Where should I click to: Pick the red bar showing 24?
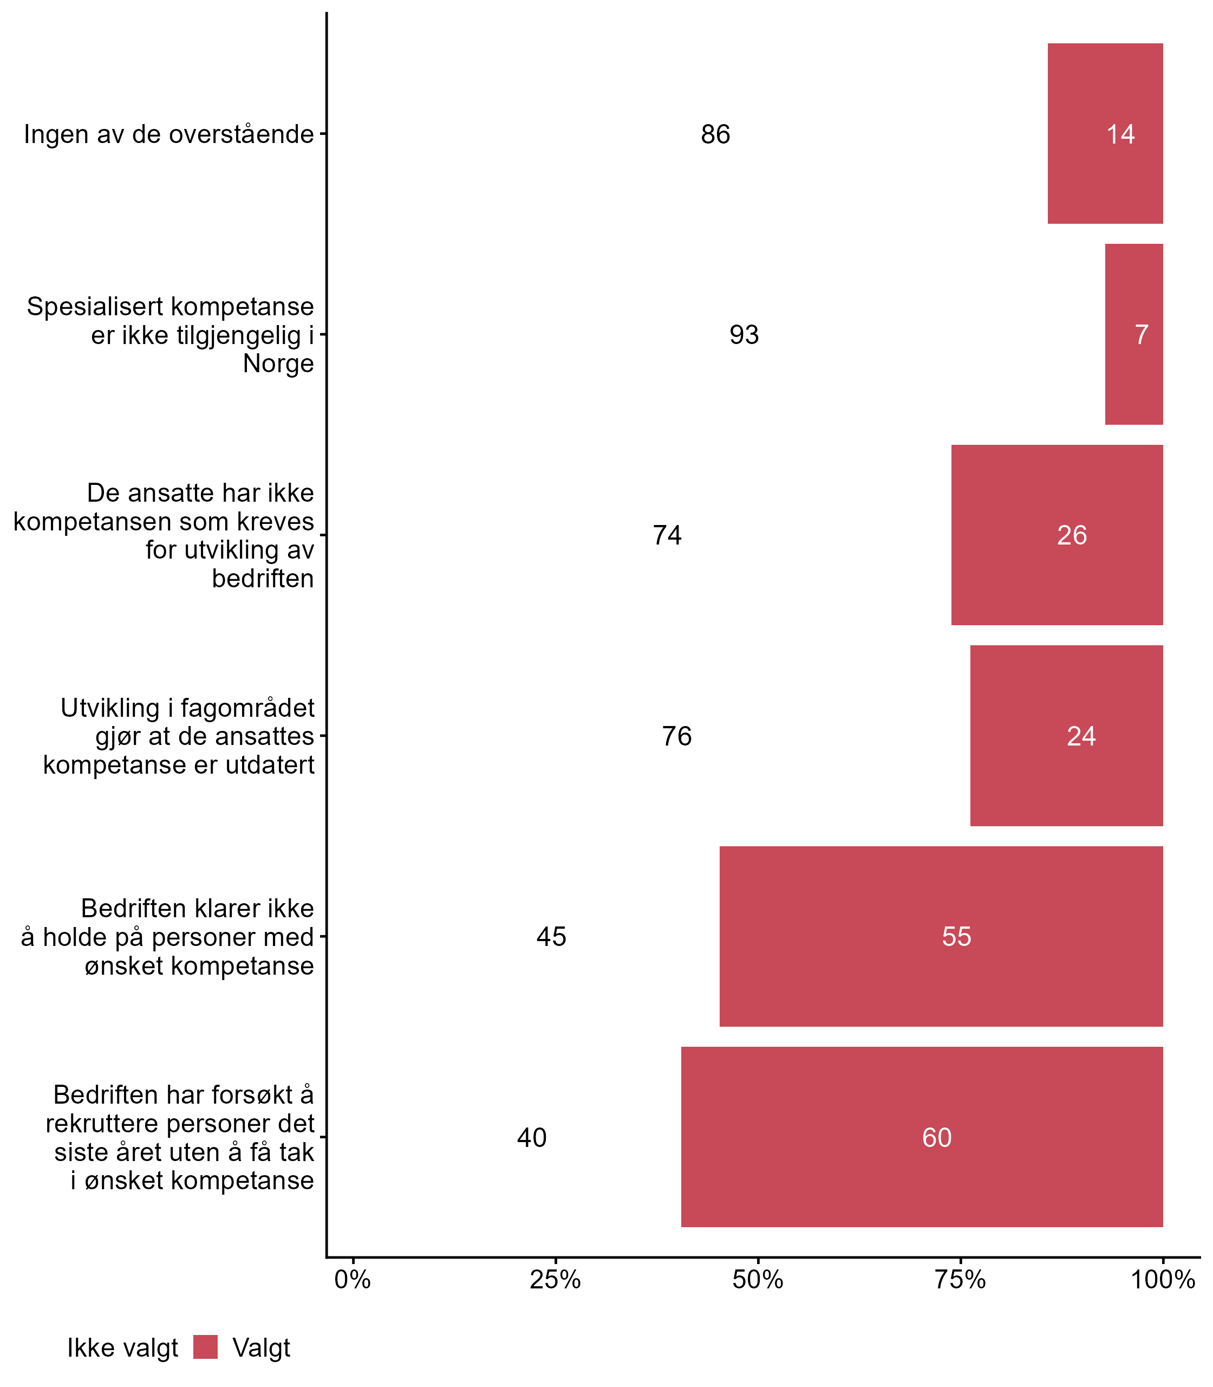[x=1066, y=736]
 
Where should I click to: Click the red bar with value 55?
[x=941, y=936]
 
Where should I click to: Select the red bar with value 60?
[x=922, y=1137]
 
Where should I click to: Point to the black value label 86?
[x=715, y=134]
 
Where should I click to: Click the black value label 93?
[x=744, y=335]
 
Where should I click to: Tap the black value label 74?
[x=667, y=535]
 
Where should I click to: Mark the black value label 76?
[x=677, y=736]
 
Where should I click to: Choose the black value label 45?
[x=551, y=937]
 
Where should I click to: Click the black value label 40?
[x=531, y=1138]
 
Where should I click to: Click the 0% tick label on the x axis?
[x=353, y=1279]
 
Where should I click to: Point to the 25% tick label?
[x=555, y=1279]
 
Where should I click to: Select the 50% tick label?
[x=758, y=1279]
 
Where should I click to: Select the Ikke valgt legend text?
[x=122, y=1348]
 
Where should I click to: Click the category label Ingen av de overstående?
[x=168, y=134]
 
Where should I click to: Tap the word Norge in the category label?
[x=278, y=364]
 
